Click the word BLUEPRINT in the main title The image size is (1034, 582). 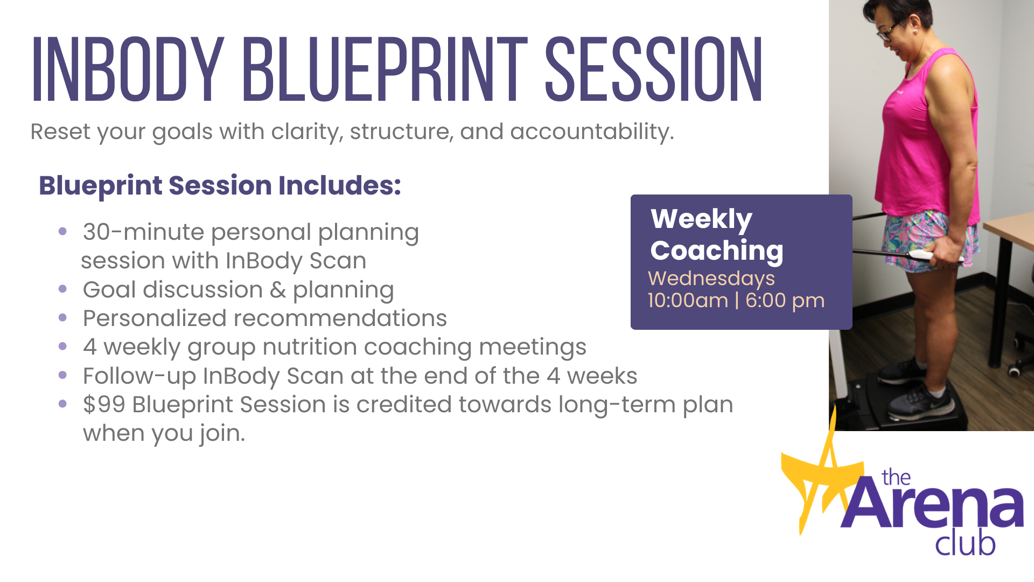[385, 70]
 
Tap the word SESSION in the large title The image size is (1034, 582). [654, 70]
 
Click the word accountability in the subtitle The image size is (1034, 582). [592, 132]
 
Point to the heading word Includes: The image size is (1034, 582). [340, 185]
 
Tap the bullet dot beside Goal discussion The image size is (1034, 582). [62, 289]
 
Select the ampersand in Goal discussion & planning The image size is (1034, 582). [278, 290]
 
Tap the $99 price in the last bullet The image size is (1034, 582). [104, 405]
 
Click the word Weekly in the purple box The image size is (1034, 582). [701, 220]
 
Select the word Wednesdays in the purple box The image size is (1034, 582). [711, 279]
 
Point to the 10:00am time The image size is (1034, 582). [688, 301]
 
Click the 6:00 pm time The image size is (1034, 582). [785, 301]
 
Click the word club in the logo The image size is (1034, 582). [965, 543]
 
